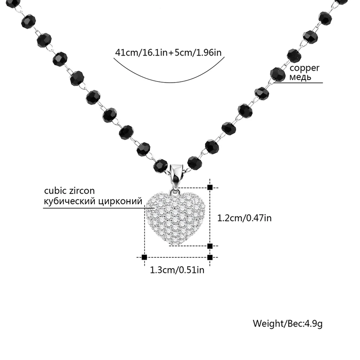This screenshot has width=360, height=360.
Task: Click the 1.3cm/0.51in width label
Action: [177, 269]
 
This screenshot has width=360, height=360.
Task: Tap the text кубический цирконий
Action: [93, 201]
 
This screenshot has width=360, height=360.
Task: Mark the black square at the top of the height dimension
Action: [210, 187]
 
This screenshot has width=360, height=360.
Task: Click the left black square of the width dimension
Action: [144, 257]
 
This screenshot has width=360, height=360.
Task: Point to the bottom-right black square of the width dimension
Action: [210, 257]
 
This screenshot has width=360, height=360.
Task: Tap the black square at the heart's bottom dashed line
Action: [210, 246]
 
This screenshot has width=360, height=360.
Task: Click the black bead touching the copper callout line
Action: [276, 74]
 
